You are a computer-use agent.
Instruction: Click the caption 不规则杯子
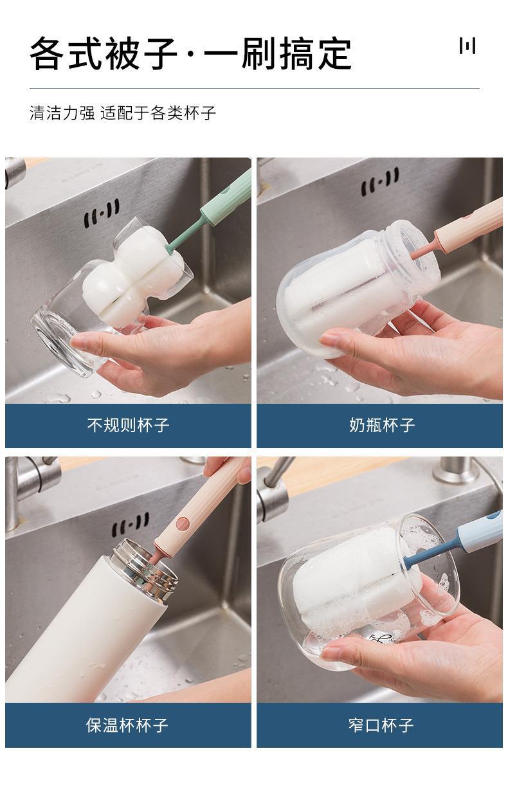click(x=128, y=424)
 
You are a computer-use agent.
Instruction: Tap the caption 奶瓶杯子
click(x=382, y=424)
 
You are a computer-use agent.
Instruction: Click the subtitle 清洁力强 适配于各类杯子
click(x=123, y=113)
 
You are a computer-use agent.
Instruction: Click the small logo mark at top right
click(x=467, y=46)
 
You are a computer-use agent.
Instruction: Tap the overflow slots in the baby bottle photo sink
click(x=380, y=181)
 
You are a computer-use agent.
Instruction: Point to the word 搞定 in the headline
click(x=315, y=54)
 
